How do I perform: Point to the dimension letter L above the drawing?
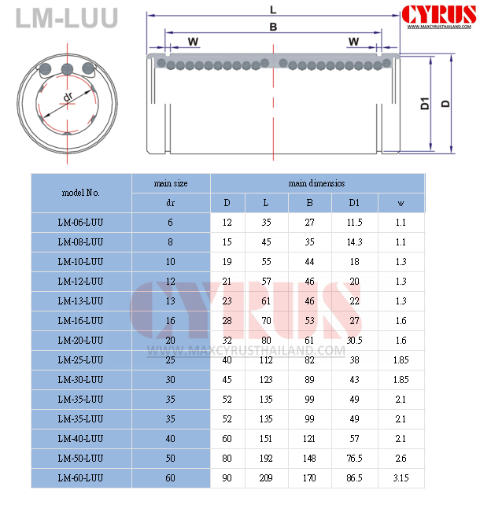point(272,10)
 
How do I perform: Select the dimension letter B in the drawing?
point(272,26)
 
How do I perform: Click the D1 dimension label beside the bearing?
point(424,102)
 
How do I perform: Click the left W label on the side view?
point(193,42)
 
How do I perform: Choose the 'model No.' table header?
point(80,193)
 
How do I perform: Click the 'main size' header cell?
point(171,183)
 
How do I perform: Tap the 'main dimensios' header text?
point(316,183)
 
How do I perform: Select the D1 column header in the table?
point(355,203)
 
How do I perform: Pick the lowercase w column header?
point(401,203)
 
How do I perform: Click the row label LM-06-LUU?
point(80,223)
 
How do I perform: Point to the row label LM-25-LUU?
point(80,360)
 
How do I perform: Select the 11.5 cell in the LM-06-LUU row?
point(355,223)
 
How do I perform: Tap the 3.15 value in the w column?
point(401,478)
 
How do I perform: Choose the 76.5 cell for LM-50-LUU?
point(355,459)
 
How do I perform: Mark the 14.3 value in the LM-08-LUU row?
point(355,242)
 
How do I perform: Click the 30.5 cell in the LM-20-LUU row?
point(355,341)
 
